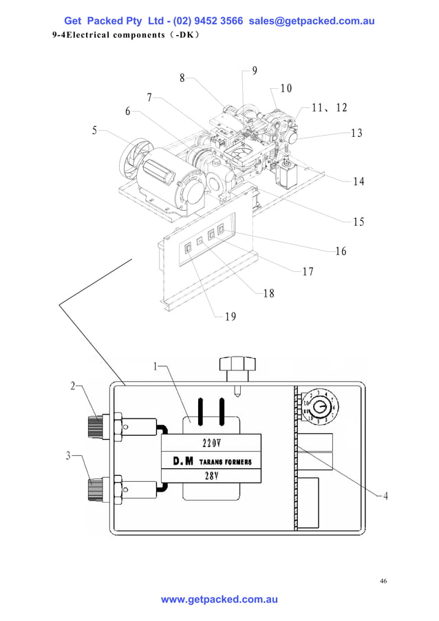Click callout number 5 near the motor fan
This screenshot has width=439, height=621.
(95, 131)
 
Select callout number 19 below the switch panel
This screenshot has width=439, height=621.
(231, 317)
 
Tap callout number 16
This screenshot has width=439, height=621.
(341, 251)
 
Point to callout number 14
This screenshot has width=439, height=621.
(358, 182)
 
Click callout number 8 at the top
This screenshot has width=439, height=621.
(182, 78)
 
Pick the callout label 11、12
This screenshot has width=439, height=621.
(330, 108)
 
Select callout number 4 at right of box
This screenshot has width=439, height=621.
(386, 497)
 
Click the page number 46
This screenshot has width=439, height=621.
(383, 581)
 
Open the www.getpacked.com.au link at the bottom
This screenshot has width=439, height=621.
(219, 600)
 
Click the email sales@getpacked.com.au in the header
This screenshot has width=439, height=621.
(311, 21)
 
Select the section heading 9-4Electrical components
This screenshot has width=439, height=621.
(126, 34)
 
